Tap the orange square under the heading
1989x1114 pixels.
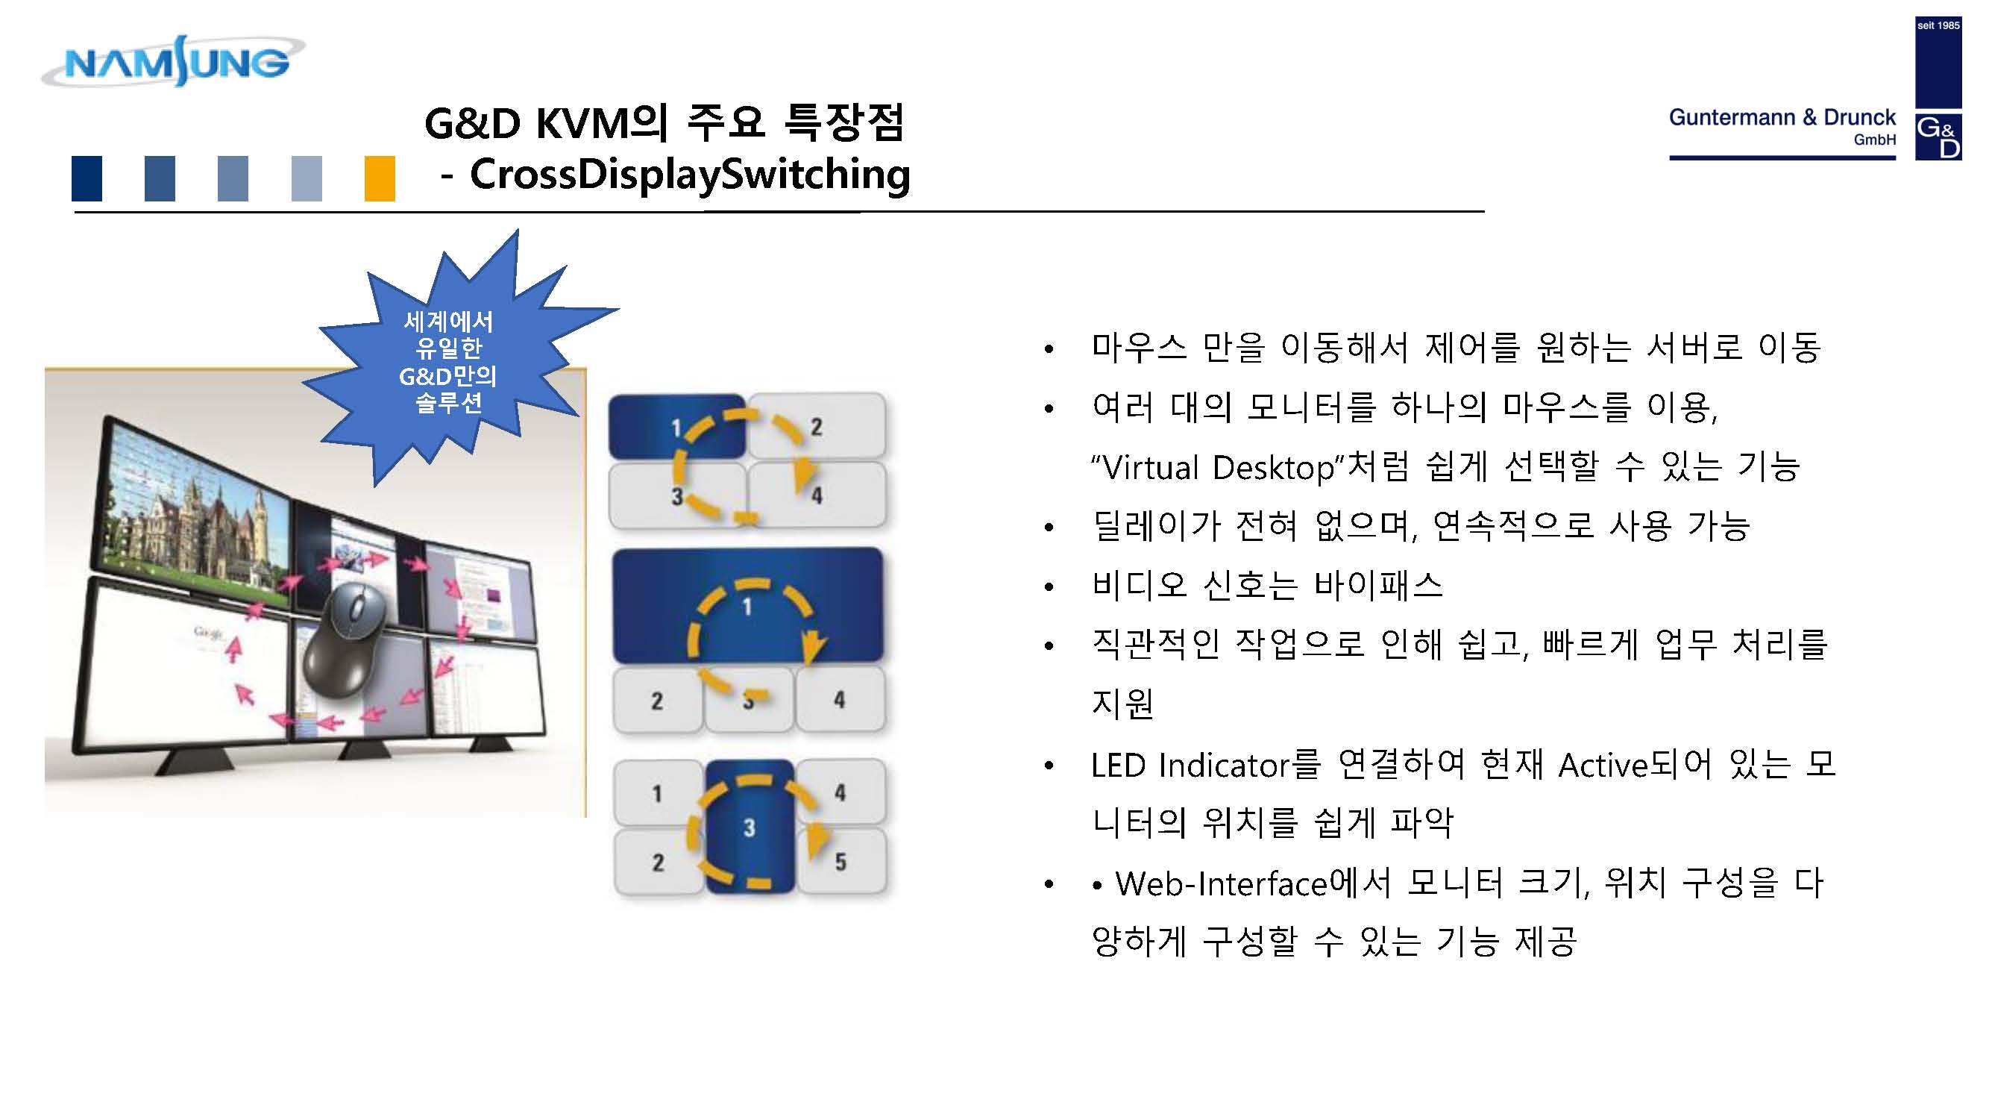(379, 178)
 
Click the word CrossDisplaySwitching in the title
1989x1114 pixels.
(690, 174)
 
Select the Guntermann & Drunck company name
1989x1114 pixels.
(1782, 117)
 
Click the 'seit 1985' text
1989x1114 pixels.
(1938, 25)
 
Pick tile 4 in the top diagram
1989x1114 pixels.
(817, 495)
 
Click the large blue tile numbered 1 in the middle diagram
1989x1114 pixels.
(747, 605)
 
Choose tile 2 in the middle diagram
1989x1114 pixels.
(657, 700)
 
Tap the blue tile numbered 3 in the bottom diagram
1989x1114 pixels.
(750, 827)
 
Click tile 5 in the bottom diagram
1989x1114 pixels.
(840, 861)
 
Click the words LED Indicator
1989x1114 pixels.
(1190, 765)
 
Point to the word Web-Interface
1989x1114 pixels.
(1221, 883)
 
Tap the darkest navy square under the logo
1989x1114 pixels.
(87, 178)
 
